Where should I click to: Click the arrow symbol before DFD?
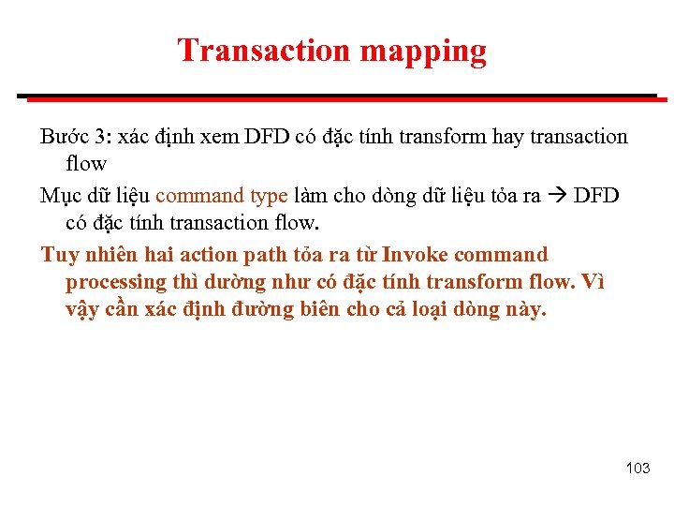click(x=557, y=196)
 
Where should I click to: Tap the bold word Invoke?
click(x=415, y=255)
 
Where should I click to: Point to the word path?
click(x=265, y=255)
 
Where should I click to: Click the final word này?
click(x=523, y=309)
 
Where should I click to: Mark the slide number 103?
click(x=637, y=468)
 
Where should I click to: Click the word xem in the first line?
click(x=219, y=137)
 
